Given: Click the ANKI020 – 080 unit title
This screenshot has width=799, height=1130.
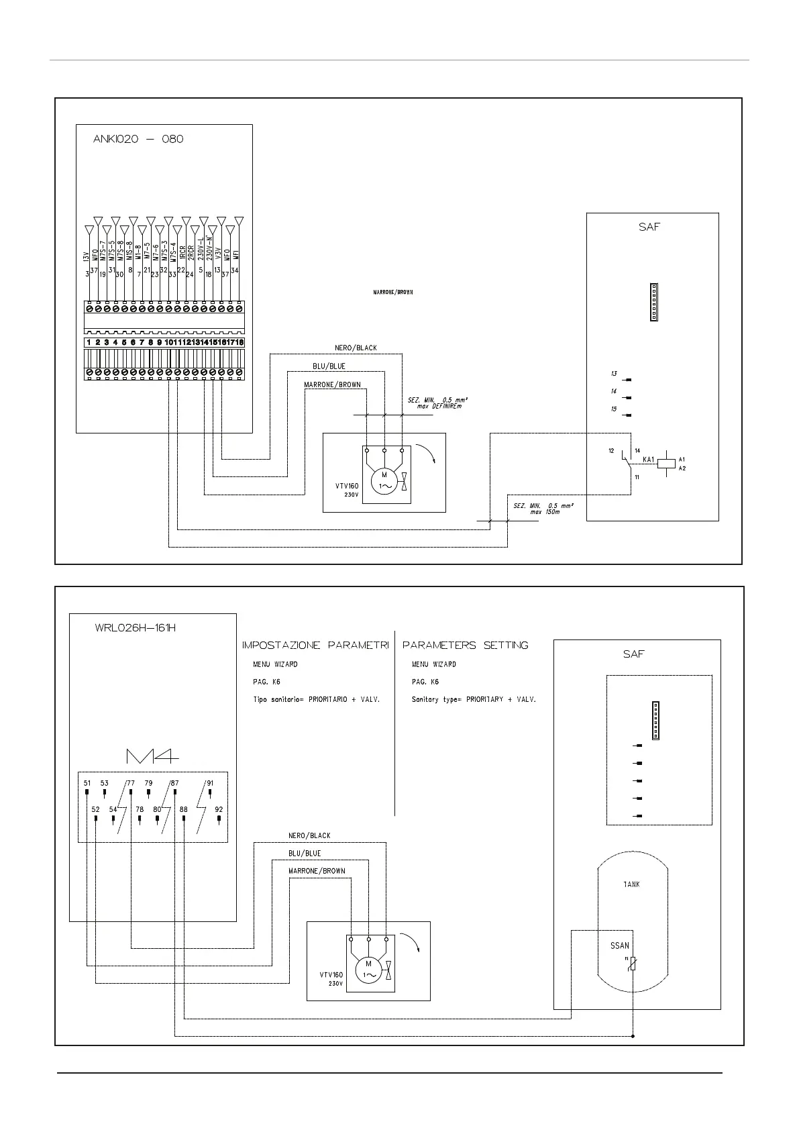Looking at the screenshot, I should click(x=138, y=140).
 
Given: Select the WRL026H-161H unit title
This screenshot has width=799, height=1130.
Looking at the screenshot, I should click(x=136, y=629).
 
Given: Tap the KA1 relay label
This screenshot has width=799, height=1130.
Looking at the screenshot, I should click(x=648, y=460).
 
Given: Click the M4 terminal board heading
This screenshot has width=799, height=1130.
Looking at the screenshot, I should click(x=152, y=756).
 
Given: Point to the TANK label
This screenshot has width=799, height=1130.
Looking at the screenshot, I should click(x=631, y=884).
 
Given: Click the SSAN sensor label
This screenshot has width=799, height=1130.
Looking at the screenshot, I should click(x=619, y=946).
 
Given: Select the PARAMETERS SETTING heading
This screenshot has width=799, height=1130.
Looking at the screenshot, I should click(x=465, y=646).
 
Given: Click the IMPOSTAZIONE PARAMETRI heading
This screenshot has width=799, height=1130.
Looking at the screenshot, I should click(x=315, y=646).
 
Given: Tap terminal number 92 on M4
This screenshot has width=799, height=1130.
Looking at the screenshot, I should click(x=219, y=810).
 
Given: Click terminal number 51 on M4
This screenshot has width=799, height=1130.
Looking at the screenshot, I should click(x=87, y=783).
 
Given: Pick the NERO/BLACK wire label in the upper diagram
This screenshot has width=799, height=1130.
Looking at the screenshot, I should click(x=356, y=348).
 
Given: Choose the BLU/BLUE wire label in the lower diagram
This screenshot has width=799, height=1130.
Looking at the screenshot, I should click(x=305, y=854).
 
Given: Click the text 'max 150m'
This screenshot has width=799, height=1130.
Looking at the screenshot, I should click(x=545, y=512).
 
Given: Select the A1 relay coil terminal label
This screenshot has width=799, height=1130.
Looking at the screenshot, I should click(x=682, y=459).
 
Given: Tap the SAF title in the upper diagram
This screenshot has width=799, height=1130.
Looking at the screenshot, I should click(x=649, y=227).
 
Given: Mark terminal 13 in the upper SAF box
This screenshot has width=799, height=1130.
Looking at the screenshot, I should click(x=614, y=374).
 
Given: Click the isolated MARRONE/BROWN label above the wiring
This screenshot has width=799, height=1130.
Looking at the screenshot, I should click(x=393, y=293).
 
